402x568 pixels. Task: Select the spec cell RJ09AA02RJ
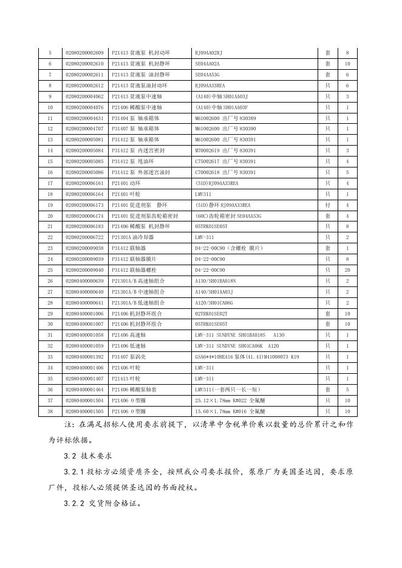coord(208,53)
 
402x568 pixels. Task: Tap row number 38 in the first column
coord(50,411)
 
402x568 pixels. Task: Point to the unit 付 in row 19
coord(327,205)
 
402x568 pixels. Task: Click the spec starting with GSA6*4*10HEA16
coord(247,357)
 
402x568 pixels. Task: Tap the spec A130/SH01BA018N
coord(215,281)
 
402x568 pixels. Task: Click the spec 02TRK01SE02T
coord(211,314)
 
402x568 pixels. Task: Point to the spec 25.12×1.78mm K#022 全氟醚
coord(228,401)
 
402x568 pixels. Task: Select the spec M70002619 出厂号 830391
coord(225,150)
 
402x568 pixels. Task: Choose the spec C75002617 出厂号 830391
coord(225,161)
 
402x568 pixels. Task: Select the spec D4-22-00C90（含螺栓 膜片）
coord(228,248)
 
